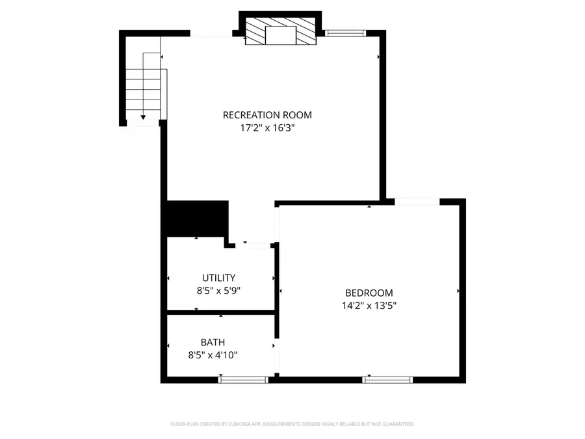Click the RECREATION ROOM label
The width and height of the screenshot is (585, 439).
click(267, 115)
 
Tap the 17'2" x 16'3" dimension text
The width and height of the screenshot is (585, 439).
click(267, 128)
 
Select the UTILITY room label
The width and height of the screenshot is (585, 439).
click(218, 278)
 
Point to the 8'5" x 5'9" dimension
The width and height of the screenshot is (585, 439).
click(218, 291)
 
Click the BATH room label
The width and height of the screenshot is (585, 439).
click(213, 341)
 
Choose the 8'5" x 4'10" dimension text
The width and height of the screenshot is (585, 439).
click(213, 355)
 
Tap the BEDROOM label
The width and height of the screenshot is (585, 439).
click(369, 293)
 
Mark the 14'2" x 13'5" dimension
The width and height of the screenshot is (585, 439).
click(369, 305)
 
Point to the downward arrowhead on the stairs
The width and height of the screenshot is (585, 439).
click(143, 116)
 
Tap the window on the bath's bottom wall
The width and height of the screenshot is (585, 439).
click(243, 379)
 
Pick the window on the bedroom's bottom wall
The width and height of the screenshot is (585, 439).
click(387, 379)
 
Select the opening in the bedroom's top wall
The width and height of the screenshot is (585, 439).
click(418, 202)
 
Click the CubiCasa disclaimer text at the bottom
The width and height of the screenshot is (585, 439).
click(292, 424)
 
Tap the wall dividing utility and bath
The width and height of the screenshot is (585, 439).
click(221, 313)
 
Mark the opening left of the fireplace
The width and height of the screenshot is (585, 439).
click(212, 34)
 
